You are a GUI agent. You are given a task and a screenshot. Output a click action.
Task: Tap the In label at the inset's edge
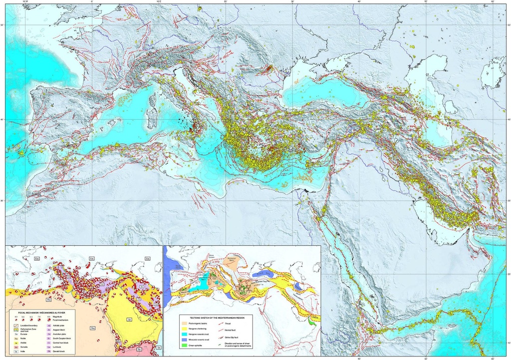(159, 348)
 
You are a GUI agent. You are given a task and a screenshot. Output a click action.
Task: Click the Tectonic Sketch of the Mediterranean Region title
(217, 318)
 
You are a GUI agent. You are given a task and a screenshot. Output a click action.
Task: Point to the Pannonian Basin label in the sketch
(231, 259)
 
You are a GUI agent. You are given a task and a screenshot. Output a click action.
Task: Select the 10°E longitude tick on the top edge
(159, 2)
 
